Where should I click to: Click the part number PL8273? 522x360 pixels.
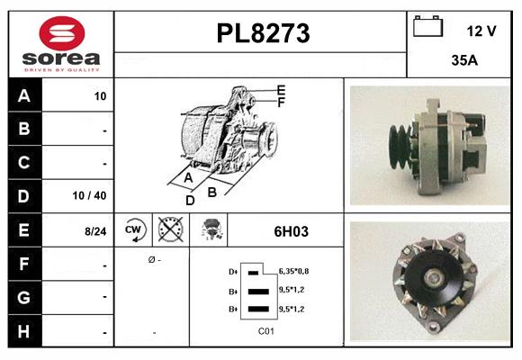point(263,33)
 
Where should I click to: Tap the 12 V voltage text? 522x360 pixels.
point(481,31)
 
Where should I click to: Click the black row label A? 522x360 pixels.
point(23,96)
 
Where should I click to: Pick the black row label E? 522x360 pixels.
point(23,230)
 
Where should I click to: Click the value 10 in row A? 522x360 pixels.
point(100,96)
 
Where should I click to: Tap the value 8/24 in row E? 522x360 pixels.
point(95,231)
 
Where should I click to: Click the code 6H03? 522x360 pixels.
point(291,231)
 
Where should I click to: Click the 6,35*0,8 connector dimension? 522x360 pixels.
point(294,270)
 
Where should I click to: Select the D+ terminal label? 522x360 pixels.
point(234,271)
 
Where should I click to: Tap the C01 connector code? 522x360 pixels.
point(265,331)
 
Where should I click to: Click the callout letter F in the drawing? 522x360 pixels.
point(282,103)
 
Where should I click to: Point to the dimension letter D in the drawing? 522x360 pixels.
point(190,200)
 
